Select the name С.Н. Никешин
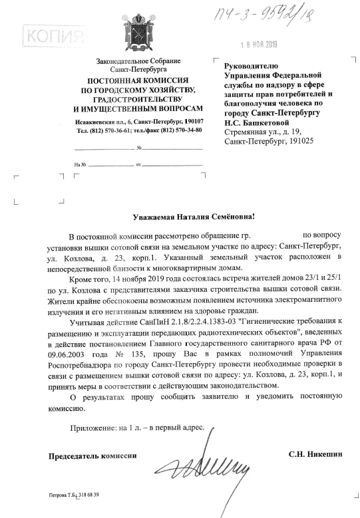pos(315,454)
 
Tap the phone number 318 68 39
pos(87,495)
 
